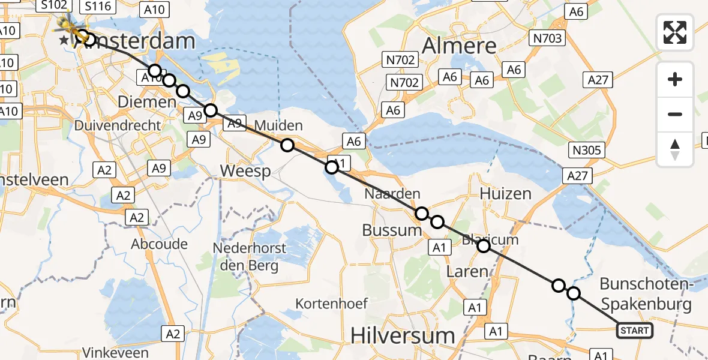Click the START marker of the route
(635, 330)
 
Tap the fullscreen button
(675, 32)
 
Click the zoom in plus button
(675, 80)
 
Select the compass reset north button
(675, 149)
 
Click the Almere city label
(460, 46)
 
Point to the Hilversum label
(403, 334)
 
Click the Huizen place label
(505, 193)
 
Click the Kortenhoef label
(332, 304)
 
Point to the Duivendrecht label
(118, 125)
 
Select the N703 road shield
(547, 39)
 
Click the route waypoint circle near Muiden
(287, 145)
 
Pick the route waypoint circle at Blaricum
(483, 245)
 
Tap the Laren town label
(468, 271)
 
